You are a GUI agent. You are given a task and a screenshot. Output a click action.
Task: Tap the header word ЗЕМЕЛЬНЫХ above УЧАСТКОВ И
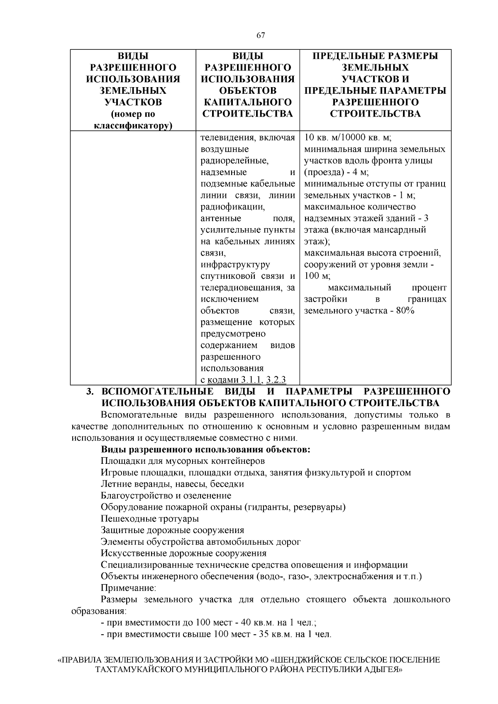tap(375, 67)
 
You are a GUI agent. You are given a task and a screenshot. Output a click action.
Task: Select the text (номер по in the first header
tap(132, 114)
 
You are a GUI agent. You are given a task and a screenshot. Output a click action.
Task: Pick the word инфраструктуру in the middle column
tap(235, 264)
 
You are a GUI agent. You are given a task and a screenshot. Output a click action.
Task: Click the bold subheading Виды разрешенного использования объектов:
tap(205, 449)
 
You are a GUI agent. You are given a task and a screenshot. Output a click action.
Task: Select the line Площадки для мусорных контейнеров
tap(183, 461)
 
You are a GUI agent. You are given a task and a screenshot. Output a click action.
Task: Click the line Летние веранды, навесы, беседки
tap(172, 484)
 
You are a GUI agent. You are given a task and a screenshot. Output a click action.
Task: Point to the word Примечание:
tap(128, 588)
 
